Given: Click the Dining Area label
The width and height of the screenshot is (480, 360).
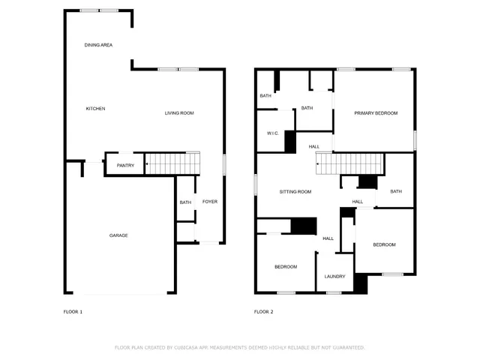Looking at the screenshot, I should point(98,46).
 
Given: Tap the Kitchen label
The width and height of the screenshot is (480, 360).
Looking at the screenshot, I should point(95,109).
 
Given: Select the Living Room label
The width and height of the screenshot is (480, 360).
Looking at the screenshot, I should point(179,113).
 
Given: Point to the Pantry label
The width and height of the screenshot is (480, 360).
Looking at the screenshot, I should point(125,165).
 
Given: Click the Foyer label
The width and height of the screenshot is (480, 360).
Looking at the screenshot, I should point(210,202).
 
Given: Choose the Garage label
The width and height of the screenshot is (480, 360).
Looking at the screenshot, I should point(118,235).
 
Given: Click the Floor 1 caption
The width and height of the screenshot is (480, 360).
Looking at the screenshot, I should point(73,311).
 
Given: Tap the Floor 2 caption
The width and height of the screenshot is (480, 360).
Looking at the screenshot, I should point(263,311).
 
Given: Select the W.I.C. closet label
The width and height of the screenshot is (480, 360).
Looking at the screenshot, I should point(273,133).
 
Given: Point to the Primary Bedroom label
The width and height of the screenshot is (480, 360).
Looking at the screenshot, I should point(376,113).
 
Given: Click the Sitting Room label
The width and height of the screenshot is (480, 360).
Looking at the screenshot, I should point(295,192).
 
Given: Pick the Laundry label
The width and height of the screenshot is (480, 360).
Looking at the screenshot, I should point(334,277).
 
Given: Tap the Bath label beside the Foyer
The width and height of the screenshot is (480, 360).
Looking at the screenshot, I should point(185,202).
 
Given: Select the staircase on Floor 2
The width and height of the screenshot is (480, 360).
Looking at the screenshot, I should point(349,163).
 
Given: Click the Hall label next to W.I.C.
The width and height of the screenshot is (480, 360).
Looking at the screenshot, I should point(313,146).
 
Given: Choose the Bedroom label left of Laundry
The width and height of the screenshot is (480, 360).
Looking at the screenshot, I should point(285,267).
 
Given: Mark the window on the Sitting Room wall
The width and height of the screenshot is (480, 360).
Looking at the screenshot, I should point(256,185).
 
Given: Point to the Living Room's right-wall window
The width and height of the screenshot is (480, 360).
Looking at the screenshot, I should point(224,165).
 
